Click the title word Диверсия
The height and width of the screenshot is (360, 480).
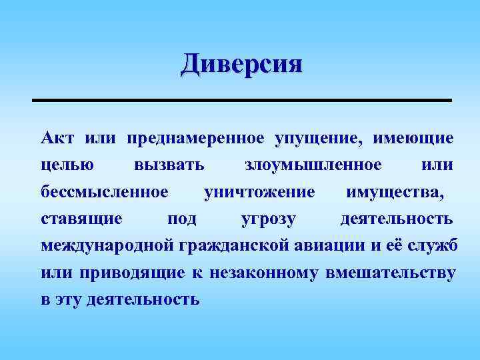click(x=241, y=65)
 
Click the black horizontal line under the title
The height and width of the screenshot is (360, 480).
click(x=241, y=100)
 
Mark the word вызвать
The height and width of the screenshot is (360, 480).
click(x=169, y=165)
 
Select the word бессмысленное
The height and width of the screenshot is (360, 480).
click(x=105, y=192)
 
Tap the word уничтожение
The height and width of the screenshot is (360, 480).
click(x=259, y=192)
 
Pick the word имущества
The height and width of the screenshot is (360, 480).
click(x=393, y=192)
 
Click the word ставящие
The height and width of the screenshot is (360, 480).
click(x=81, y=219)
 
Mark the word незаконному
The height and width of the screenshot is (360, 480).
click(x=265, y=272)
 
